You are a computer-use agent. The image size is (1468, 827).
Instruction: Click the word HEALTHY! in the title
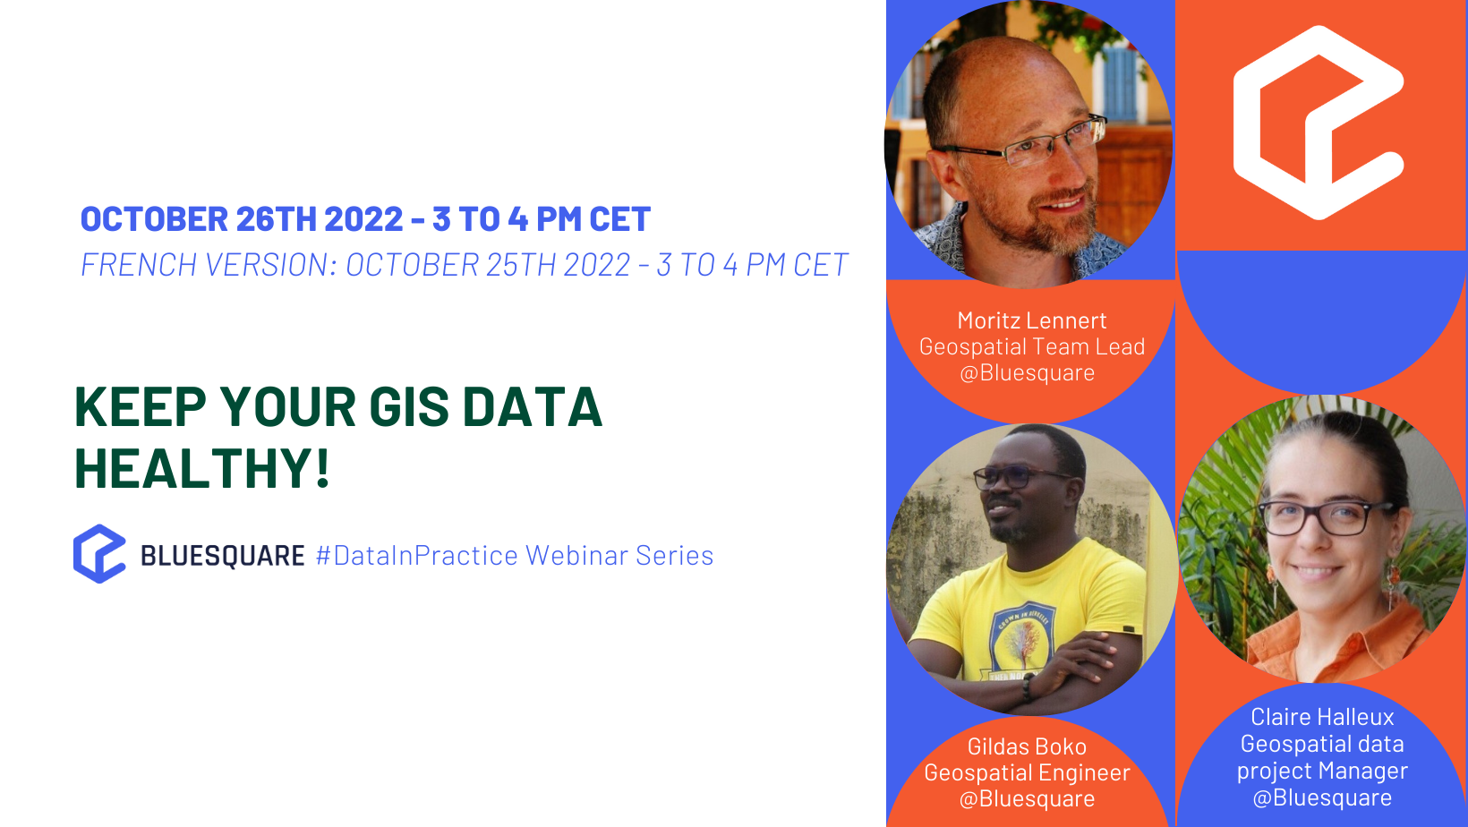tap(202, 466)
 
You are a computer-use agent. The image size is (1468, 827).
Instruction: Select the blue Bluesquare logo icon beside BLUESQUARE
tap(99, 554)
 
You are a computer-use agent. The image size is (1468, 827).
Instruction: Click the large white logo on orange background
tap(1319, 123)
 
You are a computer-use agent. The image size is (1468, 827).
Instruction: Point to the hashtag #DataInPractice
tap(417, 556)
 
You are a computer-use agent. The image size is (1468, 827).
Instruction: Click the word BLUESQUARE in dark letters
tap(222, 556)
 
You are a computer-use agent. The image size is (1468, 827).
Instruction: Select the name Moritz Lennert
tap(1031, 320)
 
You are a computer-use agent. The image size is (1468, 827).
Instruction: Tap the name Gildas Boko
tap(1027, 746)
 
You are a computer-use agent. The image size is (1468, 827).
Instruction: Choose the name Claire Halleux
tap(1322, 717)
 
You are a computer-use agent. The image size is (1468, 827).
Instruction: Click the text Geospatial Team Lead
tap(1031, 346)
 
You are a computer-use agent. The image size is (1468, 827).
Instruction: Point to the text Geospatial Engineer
tap(1027, 772)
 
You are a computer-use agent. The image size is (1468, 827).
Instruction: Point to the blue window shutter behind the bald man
tap(1119, 83)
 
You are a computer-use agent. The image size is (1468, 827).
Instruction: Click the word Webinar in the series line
tap(576, 556)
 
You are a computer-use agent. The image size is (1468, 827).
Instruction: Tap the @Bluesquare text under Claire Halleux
tap(1322, 798)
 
